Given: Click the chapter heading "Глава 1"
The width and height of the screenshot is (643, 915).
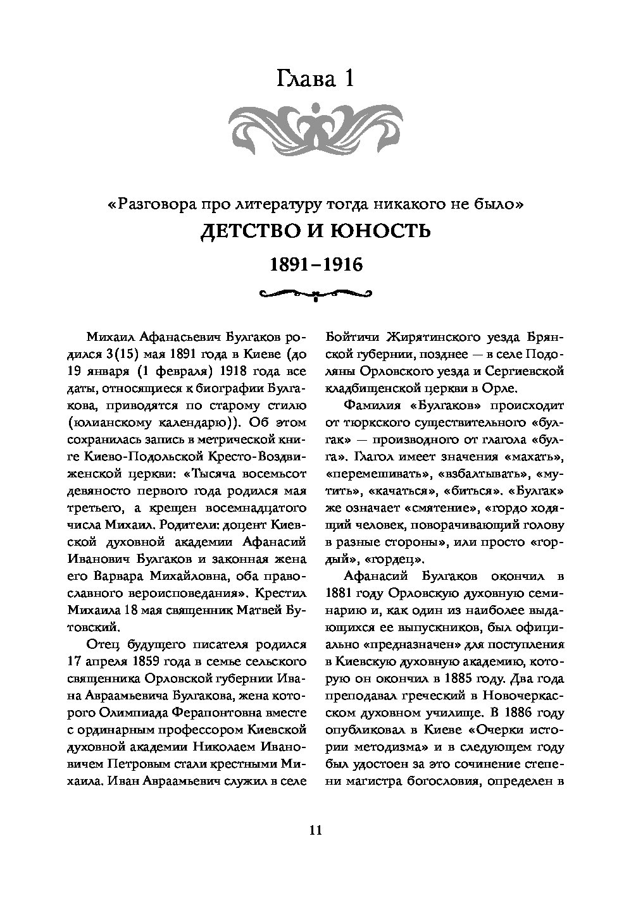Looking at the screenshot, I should (x=315, y=80).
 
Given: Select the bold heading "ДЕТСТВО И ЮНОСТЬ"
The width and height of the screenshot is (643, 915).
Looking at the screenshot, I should (x=315, y=231).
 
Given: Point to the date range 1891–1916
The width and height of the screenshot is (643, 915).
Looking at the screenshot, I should (x=315, y=264).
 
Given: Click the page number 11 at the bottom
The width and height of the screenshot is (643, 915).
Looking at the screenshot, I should (x=315, y=830).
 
